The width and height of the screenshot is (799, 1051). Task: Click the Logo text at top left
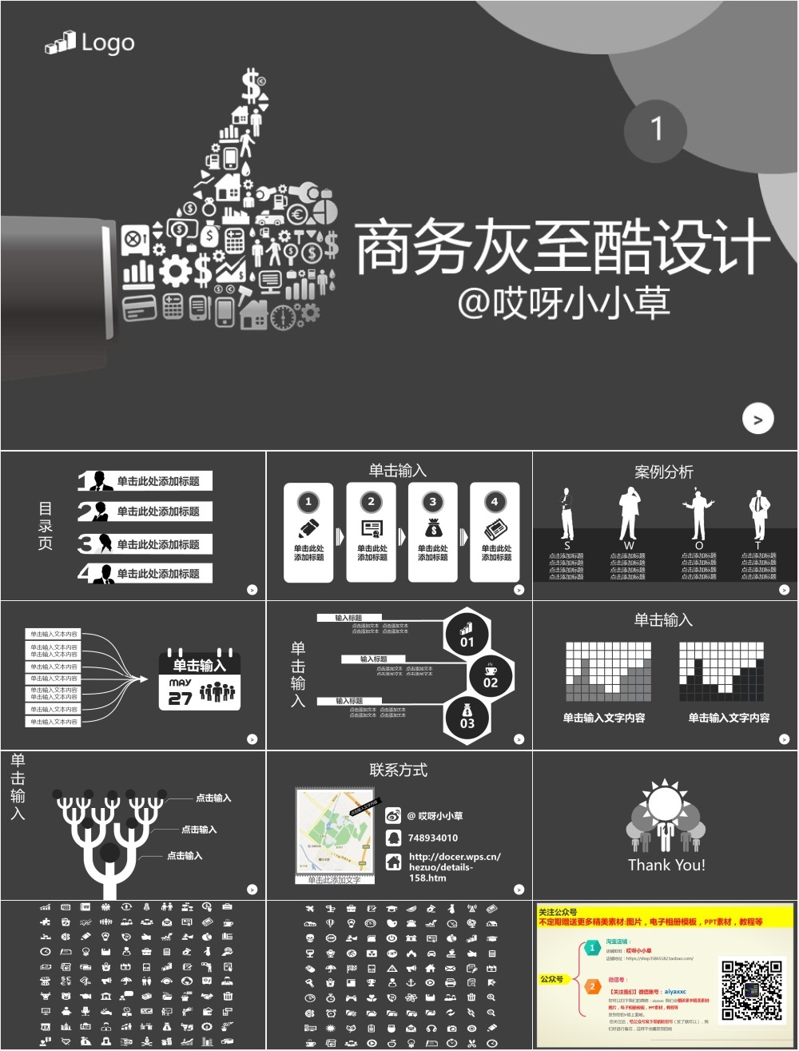coord(107,43)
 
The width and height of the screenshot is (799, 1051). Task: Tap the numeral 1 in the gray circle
coord(656,129)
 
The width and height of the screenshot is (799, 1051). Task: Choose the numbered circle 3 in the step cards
coord(432,502)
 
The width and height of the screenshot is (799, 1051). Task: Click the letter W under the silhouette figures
coord(629,546)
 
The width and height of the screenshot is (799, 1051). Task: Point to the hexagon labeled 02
coord(490,675)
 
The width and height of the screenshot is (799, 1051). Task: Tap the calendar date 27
coord(180,699)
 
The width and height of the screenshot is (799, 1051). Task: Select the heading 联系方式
coord(399,770)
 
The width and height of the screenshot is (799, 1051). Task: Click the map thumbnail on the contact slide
coord(336,831)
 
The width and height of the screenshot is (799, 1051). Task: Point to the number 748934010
coord(433,838)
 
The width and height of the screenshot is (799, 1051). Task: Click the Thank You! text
coord(666,865)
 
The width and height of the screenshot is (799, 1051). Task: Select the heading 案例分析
coord(664,472)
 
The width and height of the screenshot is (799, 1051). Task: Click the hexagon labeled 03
coord(467,717)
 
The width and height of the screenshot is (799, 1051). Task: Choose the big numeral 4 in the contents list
coord(85,573)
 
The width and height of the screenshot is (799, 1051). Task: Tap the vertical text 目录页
coord(46,525)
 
